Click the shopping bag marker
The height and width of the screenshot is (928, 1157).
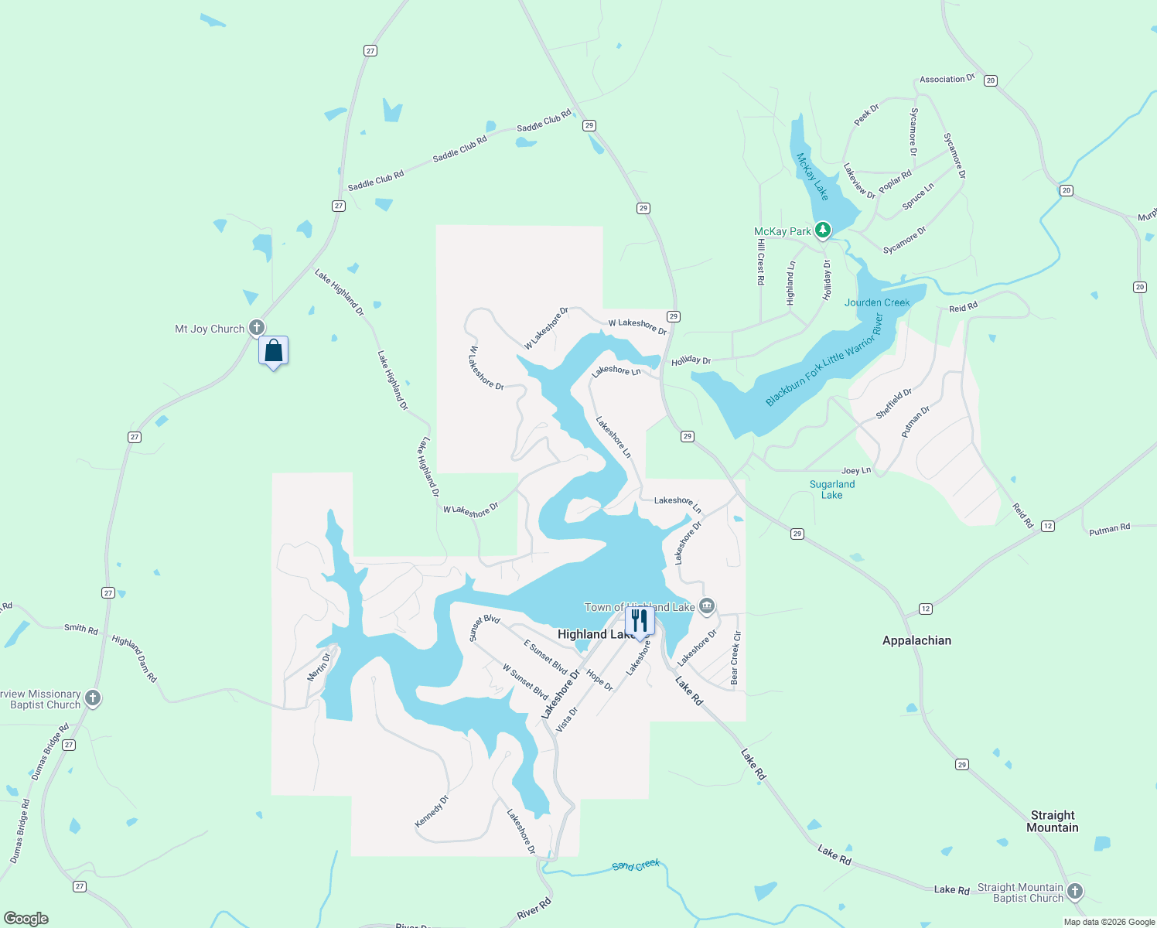pyautogui.click(x=273, y=351)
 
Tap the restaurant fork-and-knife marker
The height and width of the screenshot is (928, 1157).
pyautogui.click(x=640, y=620)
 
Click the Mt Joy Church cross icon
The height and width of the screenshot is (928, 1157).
pyautogui.click(x=257, y=328)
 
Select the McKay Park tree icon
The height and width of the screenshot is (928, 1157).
pyautogui.click(x=823, y=230)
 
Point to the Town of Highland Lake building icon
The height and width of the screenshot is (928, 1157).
pyautogui.click(x=706, y=606)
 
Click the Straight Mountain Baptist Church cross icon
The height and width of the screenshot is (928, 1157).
pyautogui.click(x=1075, y=892)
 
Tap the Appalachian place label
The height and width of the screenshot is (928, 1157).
pyautogui.click(x=916, y=640)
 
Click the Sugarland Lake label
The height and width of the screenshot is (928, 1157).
pyautogui.click(x=832, y=490)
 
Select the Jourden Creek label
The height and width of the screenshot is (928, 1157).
pyautogui.click(x=877, y=302)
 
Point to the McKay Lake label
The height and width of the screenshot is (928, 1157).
pyautogui.click(x=813, y=176)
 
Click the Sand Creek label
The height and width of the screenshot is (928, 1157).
pyautogui.click(x=636, y=865)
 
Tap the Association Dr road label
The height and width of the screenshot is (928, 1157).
pyautogui.click(x=947, y=79)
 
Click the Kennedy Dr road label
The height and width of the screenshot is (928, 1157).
pyautogui.click(x=432, y=811)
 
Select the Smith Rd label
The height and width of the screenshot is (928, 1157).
pyautogui.click(x=81, y=628)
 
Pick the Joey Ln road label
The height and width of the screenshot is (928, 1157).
pyautogui.click(x=856, y=470)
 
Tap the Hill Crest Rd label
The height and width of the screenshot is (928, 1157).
pyautogui.click(x=761, y=262)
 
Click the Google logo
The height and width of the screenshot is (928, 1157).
pyautogui.click(x=26, y=919)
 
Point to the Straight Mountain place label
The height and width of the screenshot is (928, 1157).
pyautogui.click(x=1053, y=821)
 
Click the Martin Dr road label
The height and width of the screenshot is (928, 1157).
pyautogui.click(x=319, y=667)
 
